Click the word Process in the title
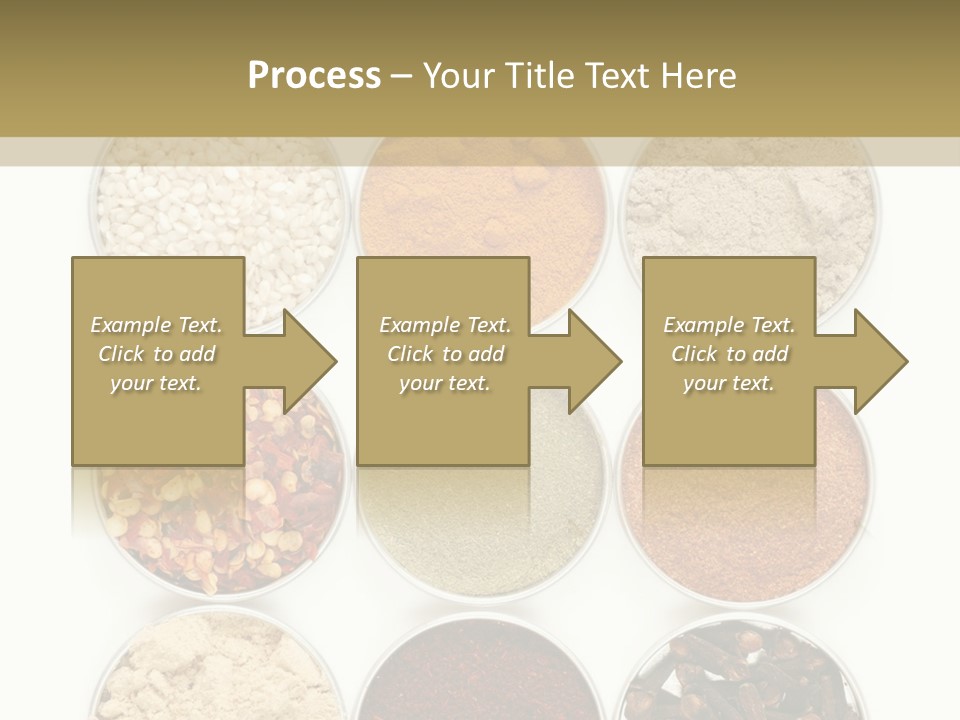click(x=314, y=76)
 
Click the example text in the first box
click(x=157, y=354)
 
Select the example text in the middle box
click(x=445, y=354)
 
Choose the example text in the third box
click(x=729, y=354)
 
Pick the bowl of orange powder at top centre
click(x=483, y=200)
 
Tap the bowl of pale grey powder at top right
click(x=750, y=210)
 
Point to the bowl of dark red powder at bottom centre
click(x=483, y=670)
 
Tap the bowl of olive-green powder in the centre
click(x=483, y=510)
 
